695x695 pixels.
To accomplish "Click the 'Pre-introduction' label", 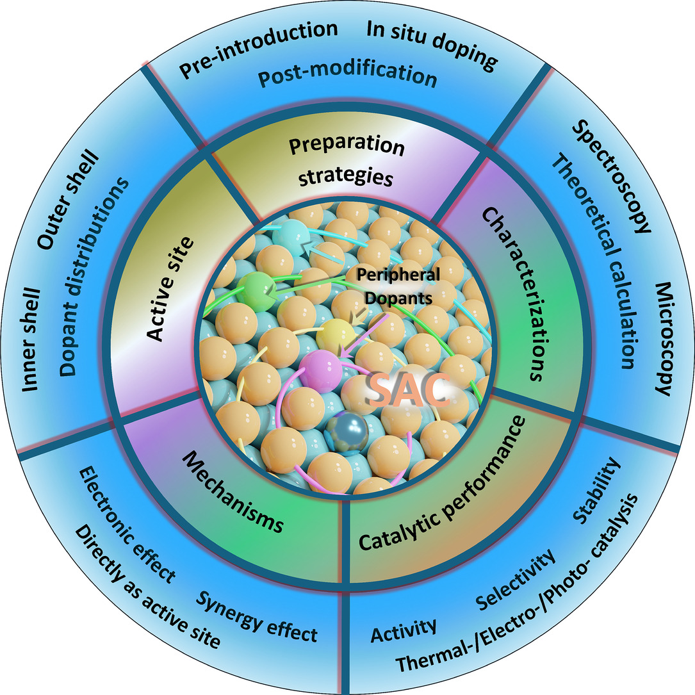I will pos(258,49).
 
